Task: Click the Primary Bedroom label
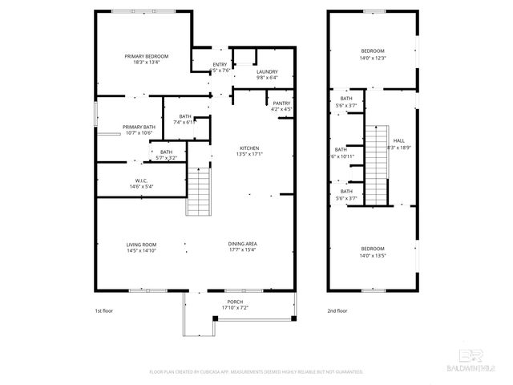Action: coord(145,55)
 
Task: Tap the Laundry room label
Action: coord(267,71)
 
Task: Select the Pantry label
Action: coord(281,103)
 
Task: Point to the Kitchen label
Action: coord(250,148)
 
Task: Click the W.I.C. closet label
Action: coord(140,180)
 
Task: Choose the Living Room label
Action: coord(140,244)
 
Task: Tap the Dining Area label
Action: coord(241,244)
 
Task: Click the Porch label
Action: coord(234,302)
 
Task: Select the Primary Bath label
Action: coord(139,127)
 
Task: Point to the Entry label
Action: coord(220,64)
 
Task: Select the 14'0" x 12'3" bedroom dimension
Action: coord(372,58)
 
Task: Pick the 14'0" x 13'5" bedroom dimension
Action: coord(372,257)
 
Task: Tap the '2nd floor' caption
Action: coord(337,310)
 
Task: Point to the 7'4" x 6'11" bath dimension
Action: coord(185,122)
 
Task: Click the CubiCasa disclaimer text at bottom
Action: coord(256,371)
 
